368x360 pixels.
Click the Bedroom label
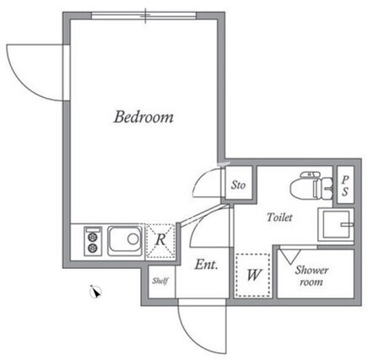click(143, 117)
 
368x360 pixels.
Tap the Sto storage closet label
click(238, 185)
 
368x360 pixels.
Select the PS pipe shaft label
click(345, 185)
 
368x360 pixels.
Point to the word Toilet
click(279, 218)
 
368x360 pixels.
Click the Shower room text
click(311, 276)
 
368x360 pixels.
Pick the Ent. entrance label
click(206, 265)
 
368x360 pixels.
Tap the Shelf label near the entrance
click(160, 281)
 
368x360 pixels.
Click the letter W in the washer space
click(254, 275)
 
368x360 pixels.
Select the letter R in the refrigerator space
click(160, 239)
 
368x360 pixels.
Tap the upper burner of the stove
click(93, 238)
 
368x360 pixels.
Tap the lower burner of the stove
click(93, 248)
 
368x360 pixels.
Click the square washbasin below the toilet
click(336, 224)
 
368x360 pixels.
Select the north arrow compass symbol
click(95, 292)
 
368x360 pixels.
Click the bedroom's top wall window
click(144, 15)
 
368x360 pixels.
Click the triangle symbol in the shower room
click(290, 256)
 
